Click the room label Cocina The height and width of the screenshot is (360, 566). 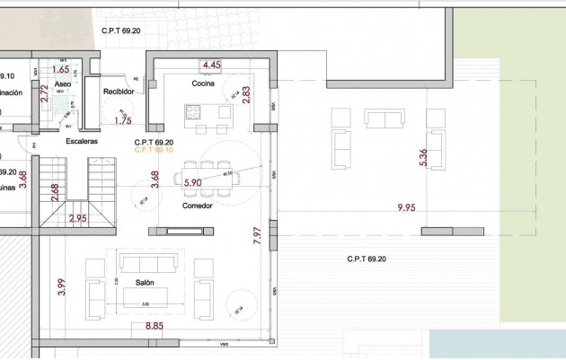click(x=202, y=83)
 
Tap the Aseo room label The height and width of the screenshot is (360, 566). click(x=62, y=83)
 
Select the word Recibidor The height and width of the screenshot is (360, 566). click(x=119, y=92)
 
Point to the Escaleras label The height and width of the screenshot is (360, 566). click(x=81, y=142)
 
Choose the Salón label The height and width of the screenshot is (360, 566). click(x=146, y=283)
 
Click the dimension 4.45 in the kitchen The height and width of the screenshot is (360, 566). click(x=211, y=66)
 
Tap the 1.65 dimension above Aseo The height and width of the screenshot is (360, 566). click(x=61, y=68)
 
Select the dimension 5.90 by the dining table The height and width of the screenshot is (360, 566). click(x=192, y=182)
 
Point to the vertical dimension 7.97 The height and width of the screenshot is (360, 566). click(x=257, y=237)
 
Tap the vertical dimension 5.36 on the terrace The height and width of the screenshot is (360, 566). click(x=423, y=158)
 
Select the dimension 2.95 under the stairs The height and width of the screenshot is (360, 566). click(x=78, y=218)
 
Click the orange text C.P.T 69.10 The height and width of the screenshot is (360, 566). click(x=153, y=150)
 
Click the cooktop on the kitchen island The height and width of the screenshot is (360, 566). click(x=194, y=112)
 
